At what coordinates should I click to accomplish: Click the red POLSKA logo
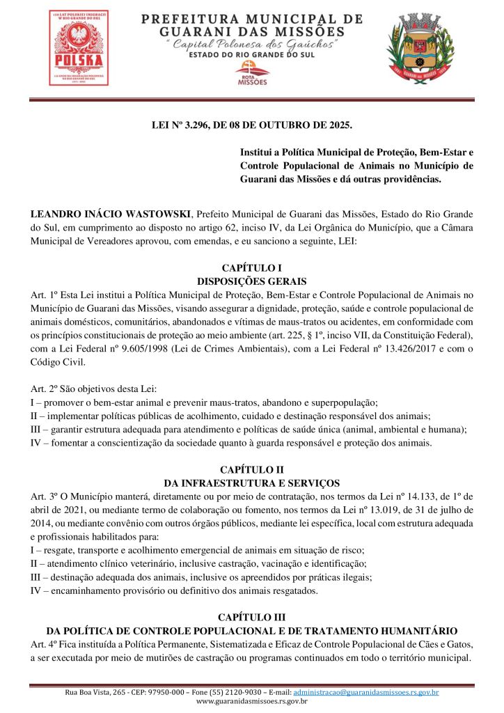coord(79,47)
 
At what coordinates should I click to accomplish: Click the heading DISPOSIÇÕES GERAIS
coord(251,281)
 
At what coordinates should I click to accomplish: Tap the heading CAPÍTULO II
coord(251,470)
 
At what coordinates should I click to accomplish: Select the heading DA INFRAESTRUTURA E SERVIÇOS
coord(251,483)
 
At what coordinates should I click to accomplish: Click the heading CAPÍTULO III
coord(251,618)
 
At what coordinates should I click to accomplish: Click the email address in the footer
coord(366,692)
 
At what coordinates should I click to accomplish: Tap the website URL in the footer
coord(251,701)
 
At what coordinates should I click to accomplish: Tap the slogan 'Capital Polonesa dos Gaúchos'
coord(252,45)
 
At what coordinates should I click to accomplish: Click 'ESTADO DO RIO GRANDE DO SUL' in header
coord(252,56)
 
